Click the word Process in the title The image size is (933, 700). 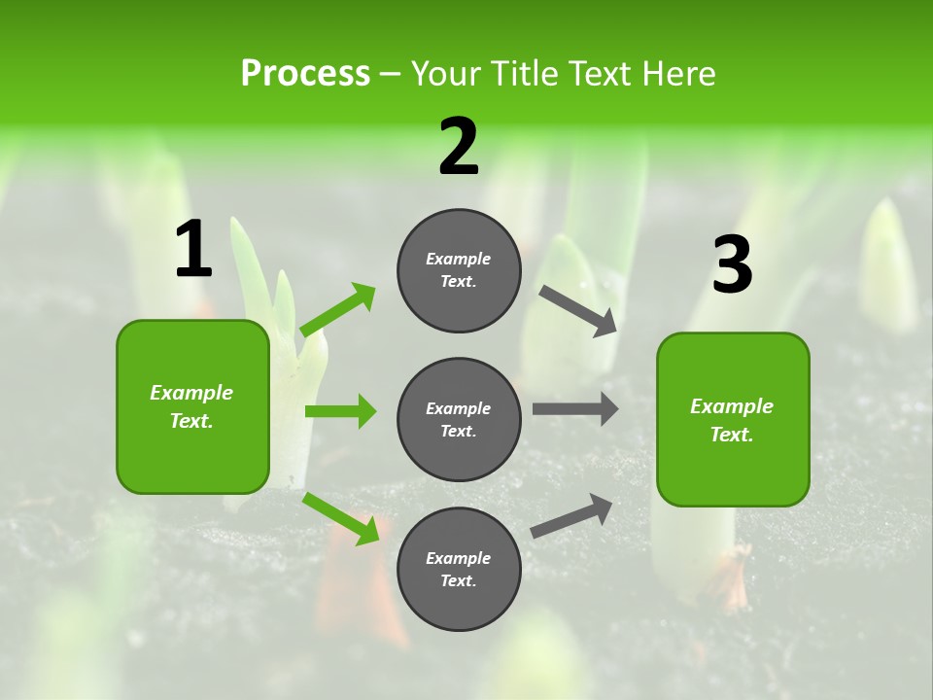pyautogui.click(x=305, y=74)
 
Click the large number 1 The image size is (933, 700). pyautogui.click(x=192, y=250)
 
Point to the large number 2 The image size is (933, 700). pyautogui.click(x=459, y=147)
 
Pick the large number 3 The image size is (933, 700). pyautogui.click(x=732, y=264)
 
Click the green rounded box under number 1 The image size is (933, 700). pyautogui.click(x=192, y=406)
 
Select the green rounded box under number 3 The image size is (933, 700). pyautogui.click(x=733, y=420)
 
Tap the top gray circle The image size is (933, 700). pyautogui.click(x=459, y=270)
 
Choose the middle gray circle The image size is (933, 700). pyautogui.click(x=459, y=420)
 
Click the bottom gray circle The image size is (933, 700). pyautogui.click(x=459, y=570)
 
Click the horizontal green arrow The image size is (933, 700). pyautogui.click(x=340, y=411)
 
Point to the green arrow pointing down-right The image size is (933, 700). pyautogui.click(x=341, y=518)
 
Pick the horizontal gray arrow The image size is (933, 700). pyautogui.click(x=575, y=409)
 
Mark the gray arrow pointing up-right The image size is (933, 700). pyautogui.click(x=571, y=515)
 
